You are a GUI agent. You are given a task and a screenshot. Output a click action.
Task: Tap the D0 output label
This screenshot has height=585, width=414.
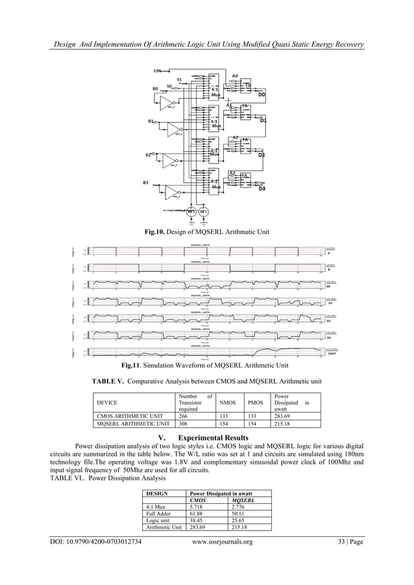pos(262,95)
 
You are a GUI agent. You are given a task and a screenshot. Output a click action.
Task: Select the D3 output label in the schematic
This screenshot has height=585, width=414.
pos(262,189)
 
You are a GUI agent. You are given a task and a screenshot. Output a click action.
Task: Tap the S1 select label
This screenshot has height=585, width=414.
pos(179,79)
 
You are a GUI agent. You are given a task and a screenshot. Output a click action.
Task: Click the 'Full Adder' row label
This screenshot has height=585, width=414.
pos(160,514)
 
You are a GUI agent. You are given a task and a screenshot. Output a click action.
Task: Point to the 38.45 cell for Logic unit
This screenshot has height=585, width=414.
pos(198,521)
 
